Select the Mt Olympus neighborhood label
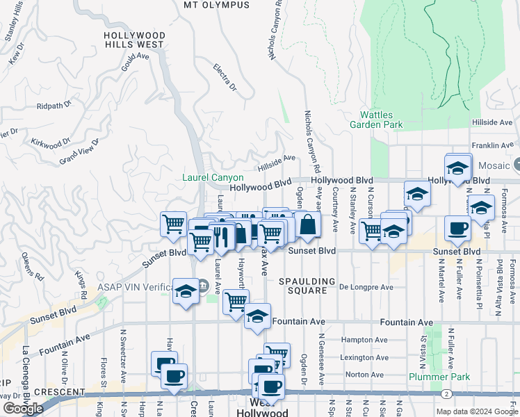pyautogui.click(x=216, y=5)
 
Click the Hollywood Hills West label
pyautogui.click(x=134, y=40)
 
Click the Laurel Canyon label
pyautogui.click(x=213, y=178)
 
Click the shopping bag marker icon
pyautogui.click(x=307, y=226)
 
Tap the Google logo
pyautogui.click(x=23, y=409)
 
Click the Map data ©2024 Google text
pyautogui.click(x=476, y=411)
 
